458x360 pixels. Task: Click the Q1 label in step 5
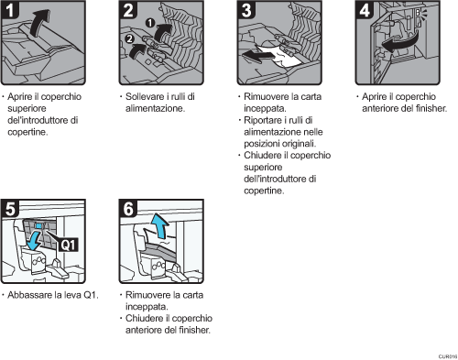click(x=67, y=245)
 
